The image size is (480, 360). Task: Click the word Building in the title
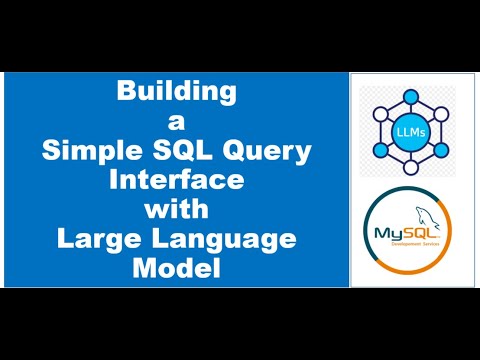tap(177, 93)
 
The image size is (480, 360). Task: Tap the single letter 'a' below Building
tap(177, 122)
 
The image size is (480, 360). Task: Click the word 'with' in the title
tap(177, 210)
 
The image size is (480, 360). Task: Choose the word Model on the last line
tap(177, 269)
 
